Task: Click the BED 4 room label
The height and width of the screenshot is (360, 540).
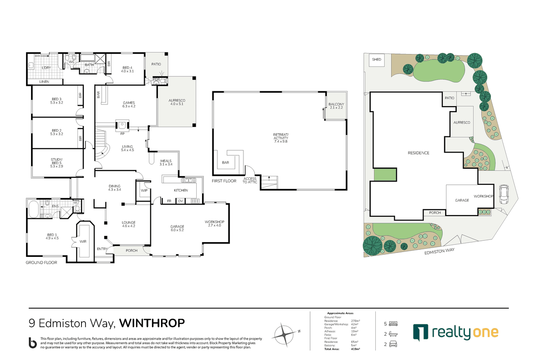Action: [128, 69]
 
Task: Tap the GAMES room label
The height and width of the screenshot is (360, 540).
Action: [129, 104]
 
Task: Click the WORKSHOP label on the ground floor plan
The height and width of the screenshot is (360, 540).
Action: [214, 222]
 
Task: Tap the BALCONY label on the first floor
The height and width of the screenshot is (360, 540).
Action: [336, 105]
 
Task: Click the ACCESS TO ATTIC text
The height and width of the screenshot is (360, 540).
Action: [250, 180]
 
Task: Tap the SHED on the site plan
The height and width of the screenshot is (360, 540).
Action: [377, 59]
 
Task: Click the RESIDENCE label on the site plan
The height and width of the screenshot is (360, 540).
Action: [419, 153]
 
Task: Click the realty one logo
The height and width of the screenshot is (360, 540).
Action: [455, 332]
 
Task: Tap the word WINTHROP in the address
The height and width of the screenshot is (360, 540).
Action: [153, 323]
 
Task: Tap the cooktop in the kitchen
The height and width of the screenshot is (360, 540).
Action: [195, 201]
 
